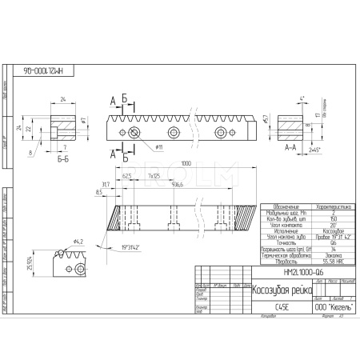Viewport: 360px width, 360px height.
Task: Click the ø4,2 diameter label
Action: [x=79, y=241]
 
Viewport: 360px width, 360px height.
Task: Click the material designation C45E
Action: [x=214, y=305]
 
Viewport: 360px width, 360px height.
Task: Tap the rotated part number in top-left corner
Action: [x=38, y=70]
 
